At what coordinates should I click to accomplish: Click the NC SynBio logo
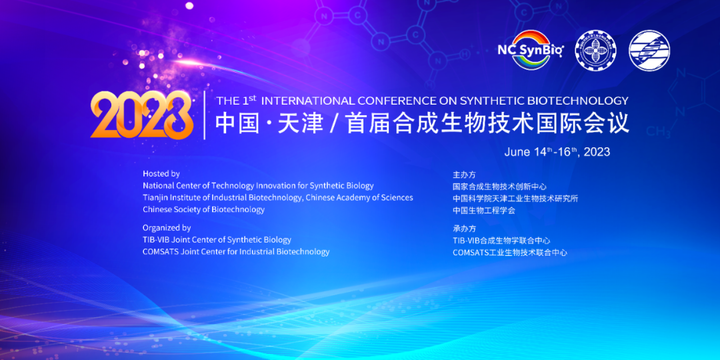point(531,49)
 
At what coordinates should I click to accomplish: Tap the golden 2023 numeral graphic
point(141,115)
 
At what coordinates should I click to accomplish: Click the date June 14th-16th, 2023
point(557,152)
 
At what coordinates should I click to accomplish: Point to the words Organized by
point(167,228)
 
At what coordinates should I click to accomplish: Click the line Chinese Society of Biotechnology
point(203,210)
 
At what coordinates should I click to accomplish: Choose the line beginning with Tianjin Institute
point(278,198)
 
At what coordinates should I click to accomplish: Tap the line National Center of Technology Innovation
point(258,186)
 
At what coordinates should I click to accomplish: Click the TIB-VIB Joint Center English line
point(217,240)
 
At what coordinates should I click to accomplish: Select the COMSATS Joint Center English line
point(236,251)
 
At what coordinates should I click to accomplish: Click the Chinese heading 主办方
point(464,175)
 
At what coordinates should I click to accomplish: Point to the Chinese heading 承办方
point(464,228)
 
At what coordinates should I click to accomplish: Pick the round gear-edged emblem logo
point(595,50)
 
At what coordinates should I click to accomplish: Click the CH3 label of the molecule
point(657,132)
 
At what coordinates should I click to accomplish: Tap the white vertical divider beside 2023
point(205,115)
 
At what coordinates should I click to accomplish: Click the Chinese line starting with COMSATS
point(510,253)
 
